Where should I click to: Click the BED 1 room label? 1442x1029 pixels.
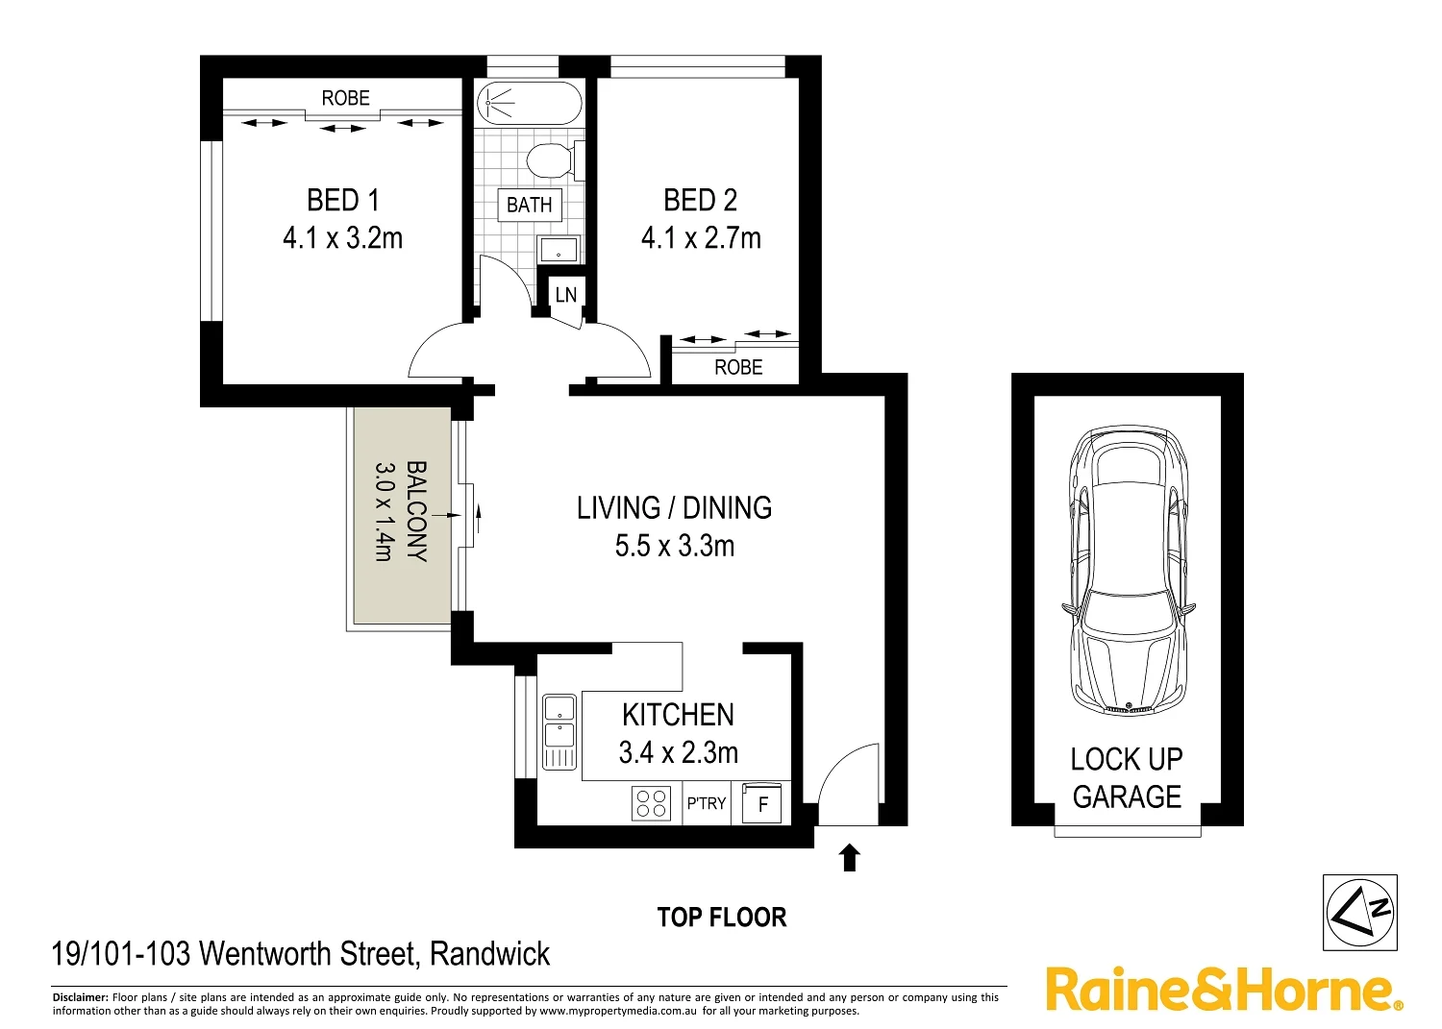(x=342, y=200)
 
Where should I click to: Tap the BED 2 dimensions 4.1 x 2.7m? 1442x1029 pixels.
(x=701, y=237)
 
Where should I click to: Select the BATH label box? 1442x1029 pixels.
(x=530, y=205)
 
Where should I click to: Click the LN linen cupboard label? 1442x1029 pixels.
(x=565, y=294)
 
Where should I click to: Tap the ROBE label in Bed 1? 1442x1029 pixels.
(x=345, y=98)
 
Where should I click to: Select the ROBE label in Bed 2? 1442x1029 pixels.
(x=737, y=367)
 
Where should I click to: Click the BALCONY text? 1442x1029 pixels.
(x=416, y=511)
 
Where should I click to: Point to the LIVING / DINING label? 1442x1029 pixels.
(x=674, y=507)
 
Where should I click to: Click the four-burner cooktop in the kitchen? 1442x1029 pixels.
(x=651, y=803)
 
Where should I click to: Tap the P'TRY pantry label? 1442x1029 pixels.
(x=707, y=803)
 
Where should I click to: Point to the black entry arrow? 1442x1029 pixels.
(x=849, y=857)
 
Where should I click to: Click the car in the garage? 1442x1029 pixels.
(x=1127, y=569)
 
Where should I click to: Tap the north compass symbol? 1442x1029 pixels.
(x=1359, y=912)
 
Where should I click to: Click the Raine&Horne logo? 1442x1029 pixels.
(x=1223, y=989)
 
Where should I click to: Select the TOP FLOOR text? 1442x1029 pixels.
(x=721, y=918)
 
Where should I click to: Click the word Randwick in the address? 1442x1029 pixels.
(x=489, y=953)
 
